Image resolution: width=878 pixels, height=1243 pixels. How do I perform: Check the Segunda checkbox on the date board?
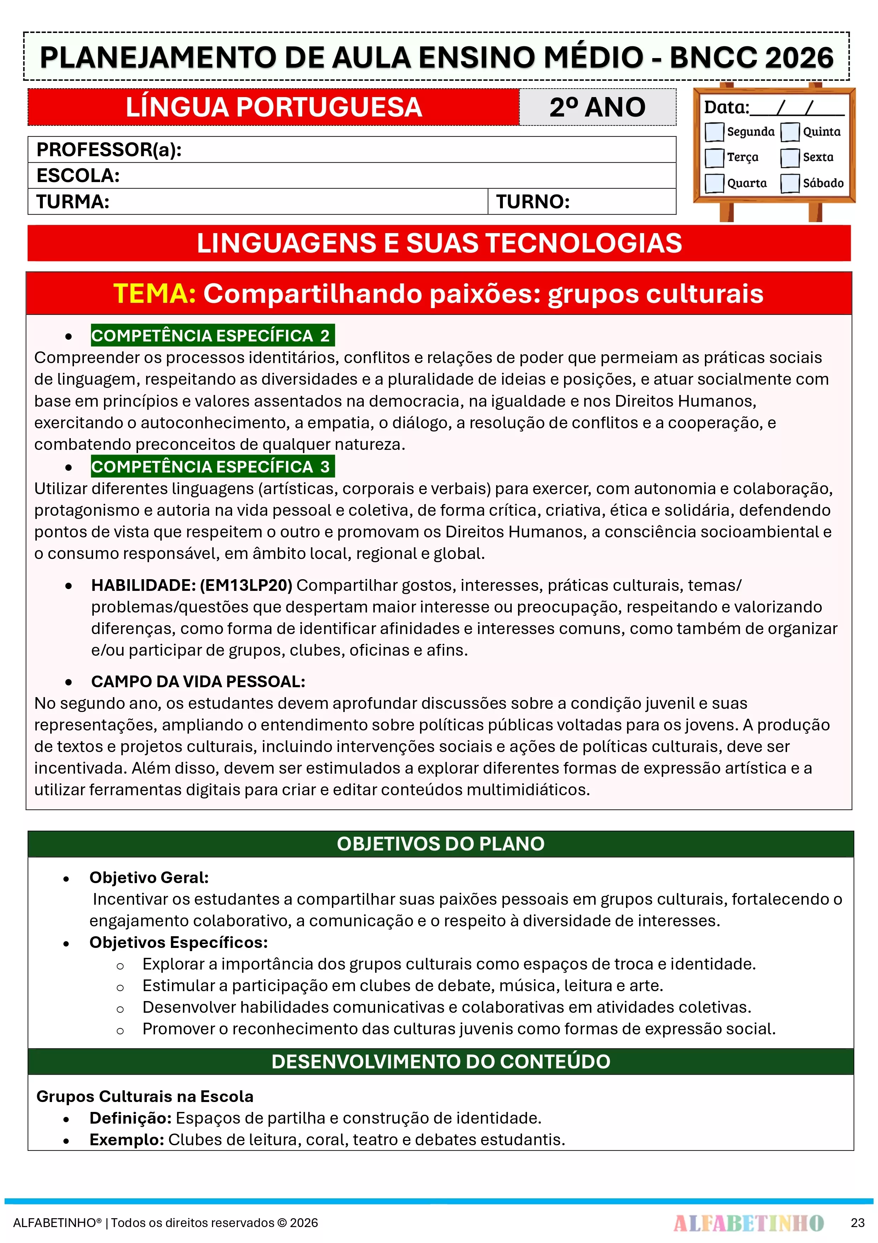pos(714,131)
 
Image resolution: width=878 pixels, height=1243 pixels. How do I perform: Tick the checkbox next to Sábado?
pos(790,183)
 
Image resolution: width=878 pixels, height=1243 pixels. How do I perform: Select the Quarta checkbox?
pos(714,183)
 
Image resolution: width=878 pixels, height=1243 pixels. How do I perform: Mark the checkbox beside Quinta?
pos(790,131)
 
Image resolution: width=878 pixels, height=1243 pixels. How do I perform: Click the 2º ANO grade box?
pos(597,107)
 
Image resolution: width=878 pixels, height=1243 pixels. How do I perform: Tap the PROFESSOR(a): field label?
pos(109,149)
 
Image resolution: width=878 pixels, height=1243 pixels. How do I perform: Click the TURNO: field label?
pos(533,202)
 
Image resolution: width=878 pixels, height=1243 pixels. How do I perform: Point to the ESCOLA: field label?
pos(78,175)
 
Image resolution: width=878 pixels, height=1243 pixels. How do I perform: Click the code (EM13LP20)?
pos(246,585)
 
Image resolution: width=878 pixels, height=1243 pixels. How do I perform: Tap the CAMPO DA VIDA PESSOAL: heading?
pos(198,682)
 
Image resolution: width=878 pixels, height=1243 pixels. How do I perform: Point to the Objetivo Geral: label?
pos(149,877)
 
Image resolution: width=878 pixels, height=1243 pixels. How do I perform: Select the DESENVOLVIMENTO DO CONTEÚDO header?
pos(440,1062)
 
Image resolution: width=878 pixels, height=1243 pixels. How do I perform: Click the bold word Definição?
pos(130,1118)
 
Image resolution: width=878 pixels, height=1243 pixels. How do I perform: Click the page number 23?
pos(857,1223)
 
